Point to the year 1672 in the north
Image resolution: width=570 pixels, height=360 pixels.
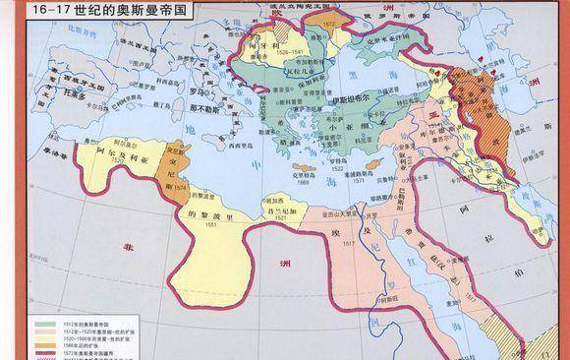tap(327, 20)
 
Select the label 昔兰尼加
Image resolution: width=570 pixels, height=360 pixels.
tap(280, 210)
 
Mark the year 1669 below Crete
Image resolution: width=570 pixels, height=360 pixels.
tap(303, 183)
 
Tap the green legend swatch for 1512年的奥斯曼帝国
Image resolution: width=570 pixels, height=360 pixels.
tap(44, 323)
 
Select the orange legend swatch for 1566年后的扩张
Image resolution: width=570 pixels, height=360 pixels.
tap(44, 343)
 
